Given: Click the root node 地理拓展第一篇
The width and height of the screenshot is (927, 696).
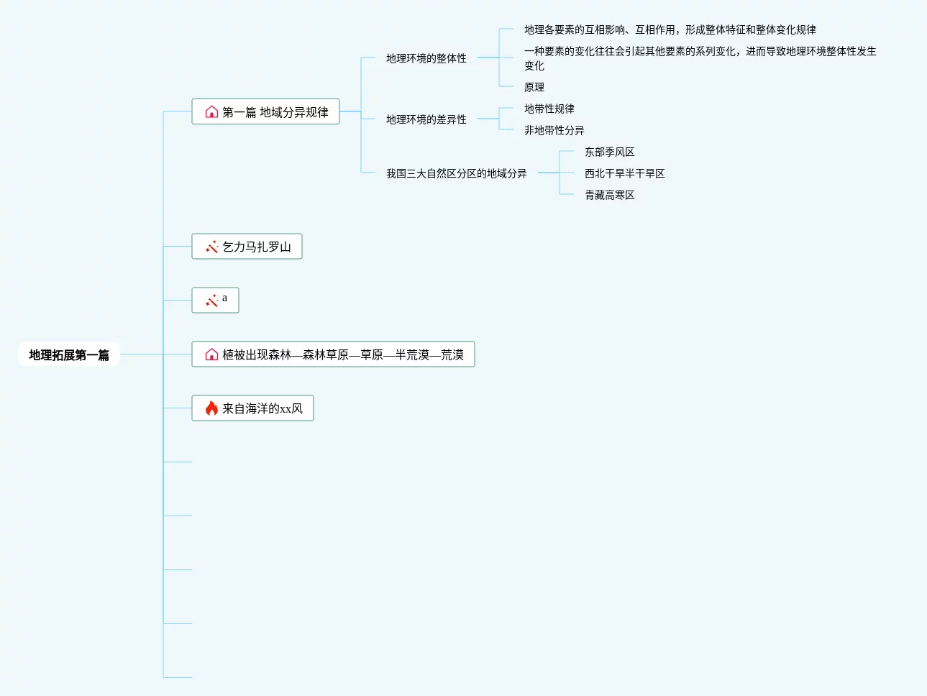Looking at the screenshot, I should [x=69, y=354].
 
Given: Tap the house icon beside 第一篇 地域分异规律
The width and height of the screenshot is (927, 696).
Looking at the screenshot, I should [x=211, y=112].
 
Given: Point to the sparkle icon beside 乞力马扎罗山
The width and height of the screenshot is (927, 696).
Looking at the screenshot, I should [x=211, y=247].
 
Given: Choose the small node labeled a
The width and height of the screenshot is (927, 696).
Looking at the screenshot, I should [x=224, y=298].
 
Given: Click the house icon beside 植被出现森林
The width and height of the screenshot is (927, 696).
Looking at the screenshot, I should [x=211, y=354].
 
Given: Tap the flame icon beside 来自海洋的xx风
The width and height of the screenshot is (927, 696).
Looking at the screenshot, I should [x=211, y=408].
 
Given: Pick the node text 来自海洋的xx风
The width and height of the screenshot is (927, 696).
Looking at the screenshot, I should [x=262, y=408].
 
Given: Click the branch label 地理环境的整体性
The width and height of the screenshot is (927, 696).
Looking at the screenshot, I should [x=426, y=58].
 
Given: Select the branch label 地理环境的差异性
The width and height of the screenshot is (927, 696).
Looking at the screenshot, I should [x=426, y=119].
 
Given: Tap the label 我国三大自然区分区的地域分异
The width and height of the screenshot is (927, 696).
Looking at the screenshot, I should [x=456, y=173].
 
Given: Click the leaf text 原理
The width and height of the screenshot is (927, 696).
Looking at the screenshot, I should [x=534, y=87].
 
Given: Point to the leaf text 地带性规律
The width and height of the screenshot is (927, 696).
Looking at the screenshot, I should [x=549, y=109].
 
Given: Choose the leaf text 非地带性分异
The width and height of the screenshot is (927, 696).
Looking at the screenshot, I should [x=554, y=130].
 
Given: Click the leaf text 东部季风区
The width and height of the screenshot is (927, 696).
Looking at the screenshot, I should [x=609, y=152].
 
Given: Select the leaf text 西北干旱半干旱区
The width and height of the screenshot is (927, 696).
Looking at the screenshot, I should [x=624, y=173].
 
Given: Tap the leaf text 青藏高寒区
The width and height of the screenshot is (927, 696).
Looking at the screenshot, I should [x=609, y=195].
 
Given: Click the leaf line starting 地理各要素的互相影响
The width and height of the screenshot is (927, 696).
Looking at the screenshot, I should [x=670, y=29].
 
